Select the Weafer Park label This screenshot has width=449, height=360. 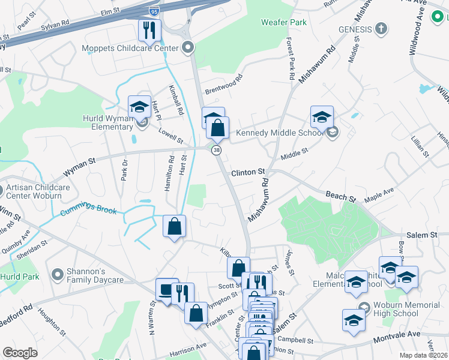284,22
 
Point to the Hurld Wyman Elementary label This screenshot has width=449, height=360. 109,124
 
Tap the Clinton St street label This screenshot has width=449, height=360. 248,172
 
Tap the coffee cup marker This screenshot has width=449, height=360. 167,288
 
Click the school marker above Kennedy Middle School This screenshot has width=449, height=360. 322,116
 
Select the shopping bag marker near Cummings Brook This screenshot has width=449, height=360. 174,226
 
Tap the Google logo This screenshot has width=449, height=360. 20,353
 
